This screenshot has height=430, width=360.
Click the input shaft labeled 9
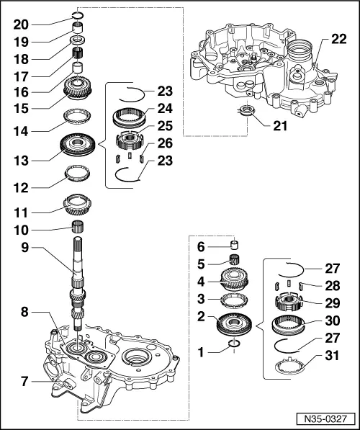point(77,281)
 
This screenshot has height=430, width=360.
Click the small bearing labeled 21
point(248,111)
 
